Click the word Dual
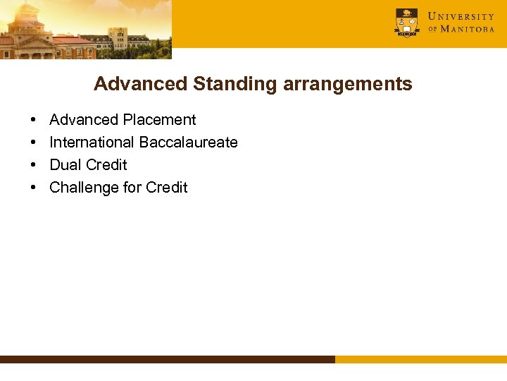click(65, 165)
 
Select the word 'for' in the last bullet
click(132, 188)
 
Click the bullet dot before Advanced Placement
click(34, 121)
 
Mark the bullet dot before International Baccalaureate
click(34, 143)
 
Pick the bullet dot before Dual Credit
click(34, 166)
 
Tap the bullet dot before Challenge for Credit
click(34, 188)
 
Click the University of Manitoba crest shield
click(406, 23)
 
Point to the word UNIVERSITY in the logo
click(461, 16)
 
